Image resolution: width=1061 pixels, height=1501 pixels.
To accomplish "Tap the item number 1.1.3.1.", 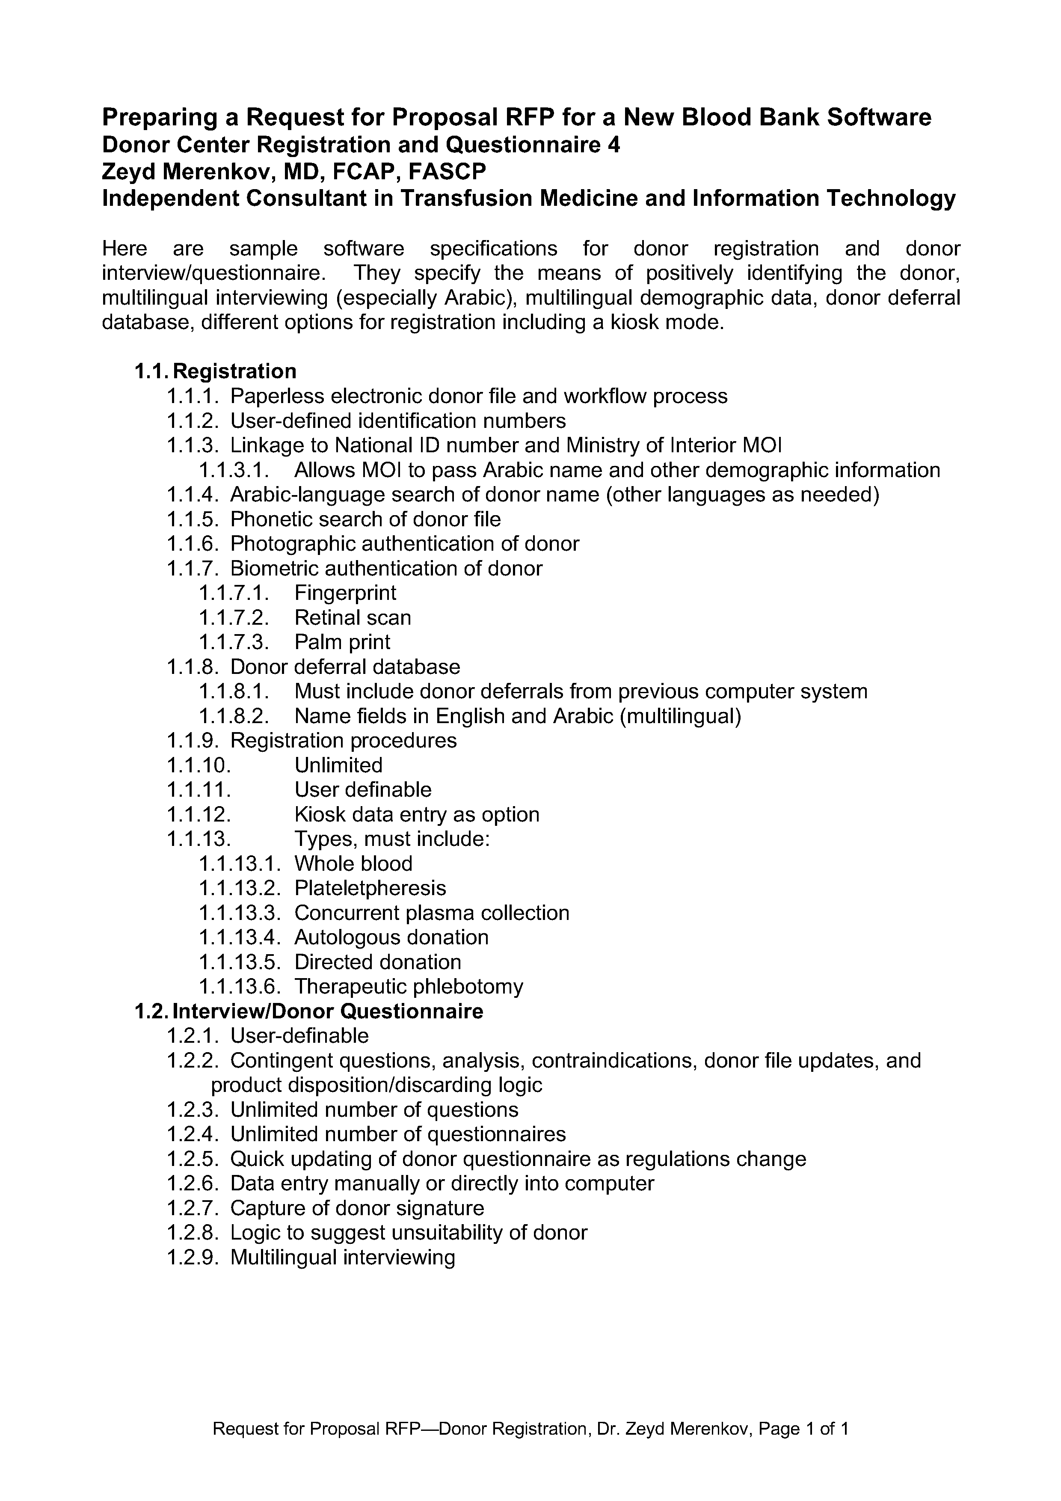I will [x=234, y=470].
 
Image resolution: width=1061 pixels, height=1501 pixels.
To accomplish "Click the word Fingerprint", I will [x=345, y=593].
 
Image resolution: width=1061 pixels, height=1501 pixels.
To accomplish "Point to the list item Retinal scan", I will [x=353, y=618].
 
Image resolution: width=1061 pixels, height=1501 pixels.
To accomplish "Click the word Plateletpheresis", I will [x=370, y=888].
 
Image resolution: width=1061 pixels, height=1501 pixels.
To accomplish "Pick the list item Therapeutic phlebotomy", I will [x=409, y=987].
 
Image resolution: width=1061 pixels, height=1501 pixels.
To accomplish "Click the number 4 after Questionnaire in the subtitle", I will [x=614, y=145].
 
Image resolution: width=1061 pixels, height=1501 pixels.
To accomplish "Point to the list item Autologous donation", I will [x=391, y=937].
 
